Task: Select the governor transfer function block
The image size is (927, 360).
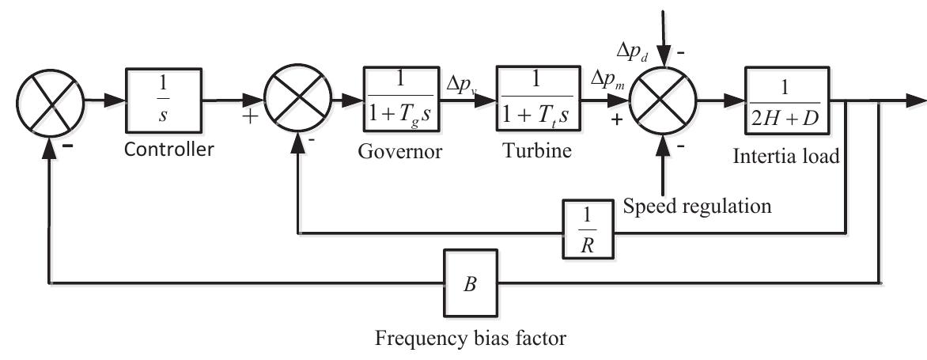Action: (399, 102)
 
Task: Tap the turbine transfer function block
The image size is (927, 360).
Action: (537, 102)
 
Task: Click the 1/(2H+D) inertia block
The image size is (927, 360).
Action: (786, 102)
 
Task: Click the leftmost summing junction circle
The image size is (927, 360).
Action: (49, 102)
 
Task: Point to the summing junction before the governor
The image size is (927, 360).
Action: (297, 102)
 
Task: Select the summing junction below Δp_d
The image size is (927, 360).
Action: (663, 102)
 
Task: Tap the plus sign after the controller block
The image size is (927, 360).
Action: (254, 120)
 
